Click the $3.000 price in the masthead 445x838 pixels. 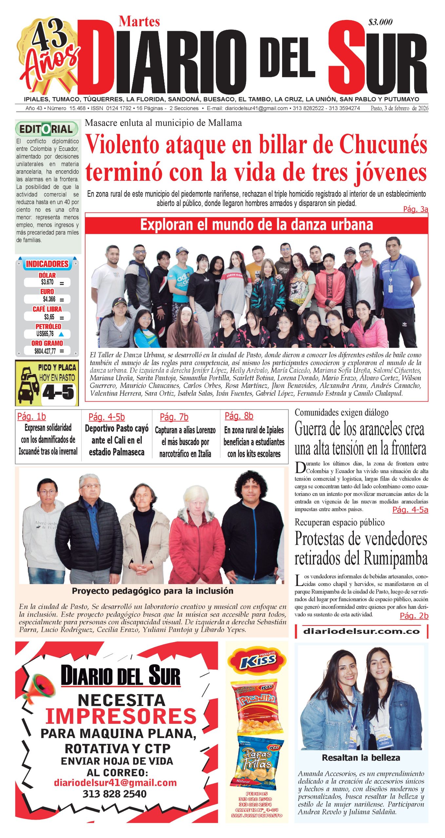(380, 22)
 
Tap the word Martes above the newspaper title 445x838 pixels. (139, 22)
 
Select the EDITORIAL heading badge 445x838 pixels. (47, 129)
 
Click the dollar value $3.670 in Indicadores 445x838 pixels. (47, 282)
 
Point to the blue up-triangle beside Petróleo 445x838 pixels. (61, 334)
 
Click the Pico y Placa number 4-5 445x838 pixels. (58, 392)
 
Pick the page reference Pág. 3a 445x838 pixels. (415, 209)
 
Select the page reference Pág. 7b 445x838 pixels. (174, 417)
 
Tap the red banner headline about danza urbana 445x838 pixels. (256, 225)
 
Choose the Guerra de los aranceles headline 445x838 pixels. (360, 438)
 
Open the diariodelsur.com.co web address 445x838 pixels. (361, 631)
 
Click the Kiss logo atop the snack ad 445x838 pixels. (257, 662)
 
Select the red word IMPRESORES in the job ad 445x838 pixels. (121, 716)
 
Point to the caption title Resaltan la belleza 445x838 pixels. (361, 757)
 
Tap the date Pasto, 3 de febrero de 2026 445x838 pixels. (399, 108)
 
